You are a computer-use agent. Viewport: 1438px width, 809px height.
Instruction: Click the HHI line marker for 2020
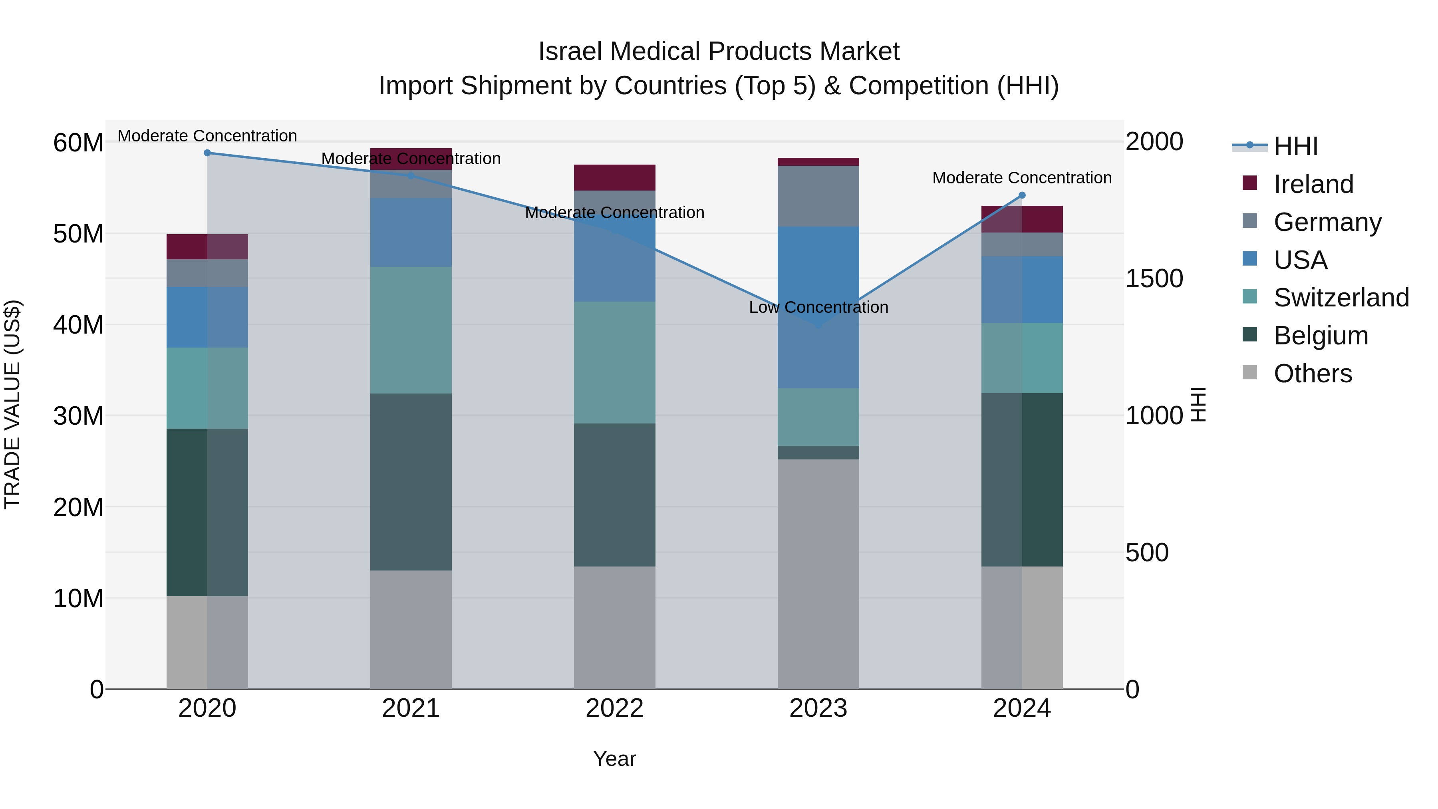tap(207, 153)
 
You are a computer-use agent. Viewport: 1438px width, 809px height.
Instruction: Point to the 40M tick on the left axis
tap(78, 325)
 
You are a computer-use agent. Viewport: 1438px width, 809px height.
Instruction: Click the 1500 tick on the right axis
tap(1153, 278)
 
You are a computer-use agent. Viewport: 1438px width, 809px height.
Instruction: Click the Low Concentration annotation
tap(818, 307)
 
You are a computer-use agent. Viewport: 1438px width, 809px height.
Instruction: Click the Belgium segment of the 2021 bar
tap(411, 481)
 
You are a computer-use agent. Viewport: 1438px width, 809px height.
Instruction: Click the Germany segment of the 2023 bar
tap(818, 196)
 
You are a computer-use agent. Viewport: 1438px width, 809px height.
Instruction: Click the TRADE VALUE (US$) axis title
tap(12, 404)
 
